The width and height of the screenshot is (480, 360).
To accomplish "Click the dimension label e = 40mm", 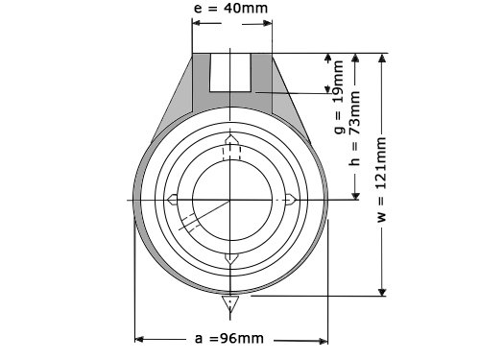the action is (230, 9).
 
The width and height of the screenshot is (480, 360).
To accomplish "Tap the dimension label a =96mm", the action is (229, 338).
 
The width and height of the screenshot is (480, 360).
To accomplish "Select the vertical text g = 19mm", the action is (339, 97).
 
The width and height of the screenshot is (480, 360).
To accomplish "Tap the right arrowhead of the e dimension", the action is (268, 23).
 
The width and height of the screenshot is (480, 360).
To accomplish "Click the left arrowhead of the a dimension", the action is (139, 339).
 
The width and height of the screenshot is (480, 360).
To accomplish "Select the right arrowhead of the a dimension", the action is (324, 341).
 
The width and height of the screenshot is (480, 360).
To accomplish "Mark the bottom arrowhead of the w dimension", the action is (382, 292).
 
